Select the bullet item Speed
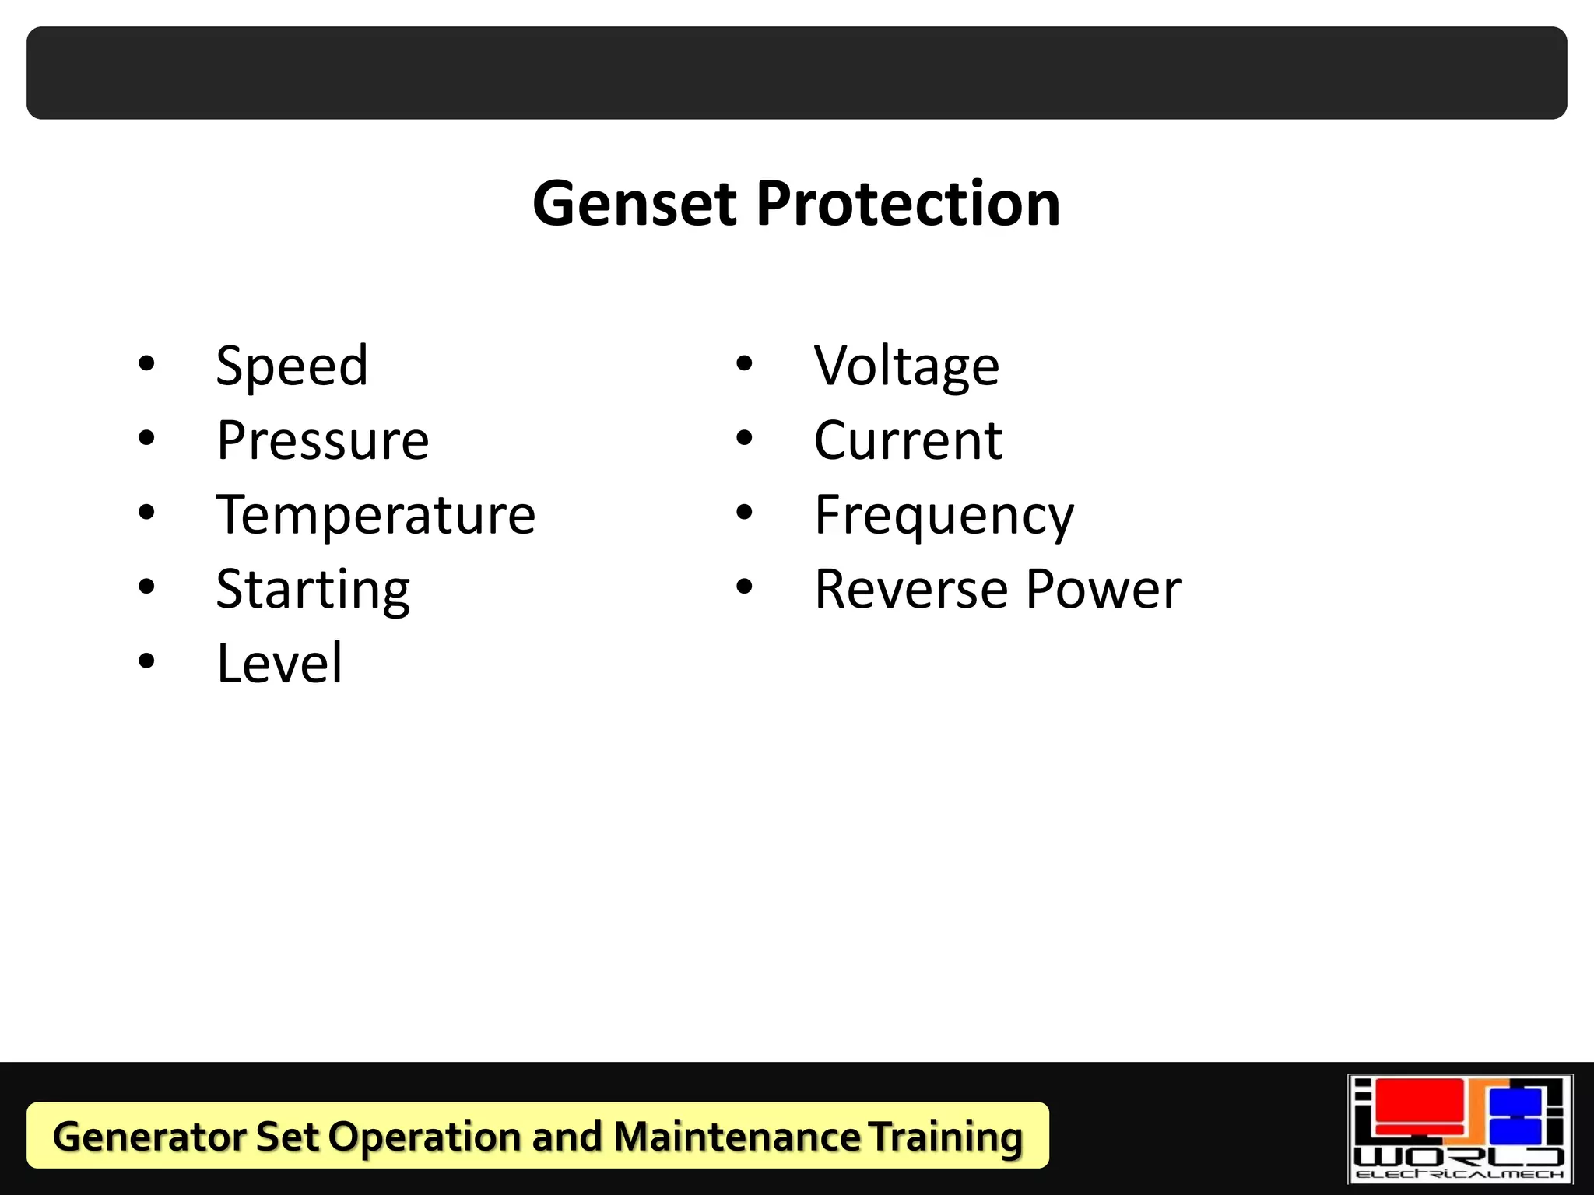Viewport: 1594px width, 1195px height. pos(292,366)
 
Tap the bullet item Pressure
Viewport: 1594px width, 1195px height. pos(322,440)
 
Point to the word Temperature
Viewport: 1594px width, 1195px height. pos(376,515)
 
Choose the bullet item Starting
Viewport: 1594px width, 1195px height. pos(313,590)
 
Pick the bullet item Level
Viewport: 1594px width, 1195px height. pos(279,663)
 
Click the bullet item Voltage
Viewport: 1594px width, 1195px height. pos(907,366)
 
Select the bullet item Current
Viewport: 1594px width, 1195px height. pos(908,440)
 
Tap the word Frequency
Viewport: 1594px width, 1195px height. pos(944,515)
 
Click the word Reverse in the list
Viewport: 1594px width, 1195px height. pos(911,589)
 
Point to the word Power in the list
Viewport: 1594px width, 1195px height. pos(1104,589)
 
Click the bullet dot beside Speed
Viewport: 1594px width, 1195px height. pos(146,363)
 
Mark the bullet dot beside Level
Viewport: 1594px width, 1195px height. pos(146,661)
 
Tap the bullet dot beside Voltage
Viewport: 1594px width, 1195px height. pos(745,363)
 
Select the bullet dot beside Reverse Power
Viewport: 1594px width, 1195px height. pos(745,587)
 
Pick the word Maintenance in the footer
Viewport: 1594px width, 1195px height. pos(736,1136)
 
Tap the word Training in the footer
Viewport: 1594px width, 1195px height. pos(945,1136)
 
